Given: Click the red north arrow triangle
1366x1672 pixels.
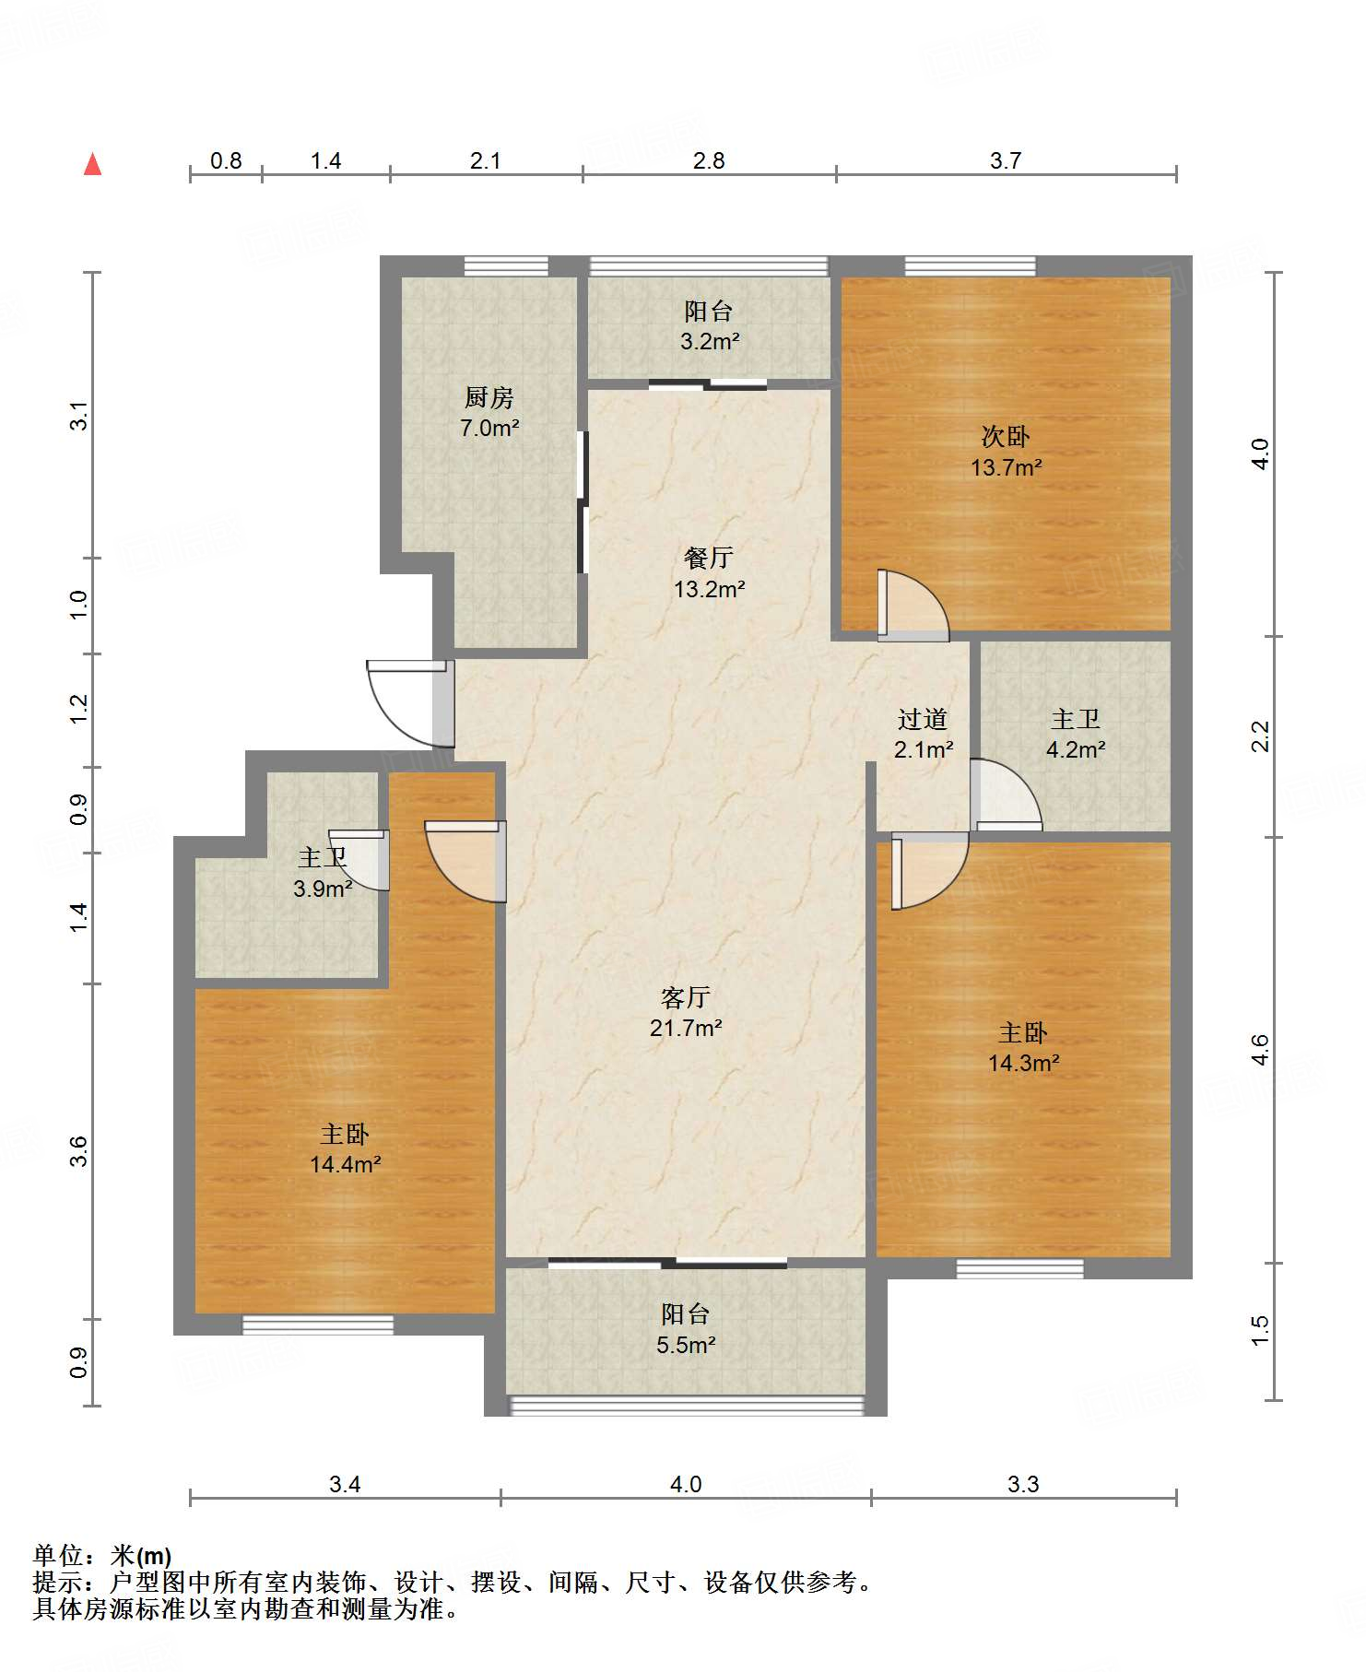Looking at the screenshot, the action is click(x=92, y=164).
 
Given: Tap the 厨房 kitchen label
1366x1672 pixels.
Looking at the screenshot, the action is click(x=489, y=397).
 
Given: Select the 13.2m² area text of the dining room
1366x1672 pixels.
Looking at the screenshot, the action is click(x=709, y=589).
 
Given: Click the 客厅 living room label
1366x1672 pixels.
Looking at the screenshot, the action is click(x=686, y=997).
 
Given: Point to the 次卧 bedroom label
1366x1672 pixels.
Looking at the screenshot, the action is click(x=1006, y=436).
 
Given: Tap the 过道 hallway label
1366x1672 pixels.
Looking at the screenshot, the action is click(x=923, y=719).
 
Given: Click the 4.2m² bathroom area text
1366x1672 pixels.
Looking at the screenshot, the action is click(x=1076, y=749).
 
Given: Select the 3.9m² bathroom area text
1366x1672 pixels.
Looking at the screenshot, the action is click(x=324, y=889).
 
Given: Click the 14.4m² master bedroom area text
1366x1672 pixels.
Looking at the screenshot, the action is click(x=346, y=1164).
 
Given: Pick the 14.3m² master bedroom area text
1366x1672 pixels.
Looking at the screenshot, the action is click(x=1024, y=1063).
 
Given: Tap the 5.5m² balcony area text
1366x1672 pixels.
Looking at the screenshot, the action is click(x=687, y=1345).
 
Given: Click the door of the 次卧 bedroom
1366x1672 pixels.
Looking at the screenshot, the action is click(x=913, y=605).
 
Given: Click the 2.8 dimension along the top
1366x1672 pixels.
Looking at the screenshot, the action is click(x=709, y=160).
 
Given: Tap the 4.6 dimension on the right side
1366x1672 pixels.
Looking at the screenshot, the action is click(x=1259, y=1050).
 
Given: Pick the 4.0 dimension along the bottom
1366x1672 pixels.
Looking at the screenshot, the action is click(x=686, y=1484).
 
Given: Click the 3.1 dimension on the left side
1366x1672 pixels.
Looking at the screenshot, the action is click(x=79, y=416).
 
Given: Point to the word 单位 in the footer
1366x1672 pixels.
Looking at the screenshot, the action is click(x=58, y=1556).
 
